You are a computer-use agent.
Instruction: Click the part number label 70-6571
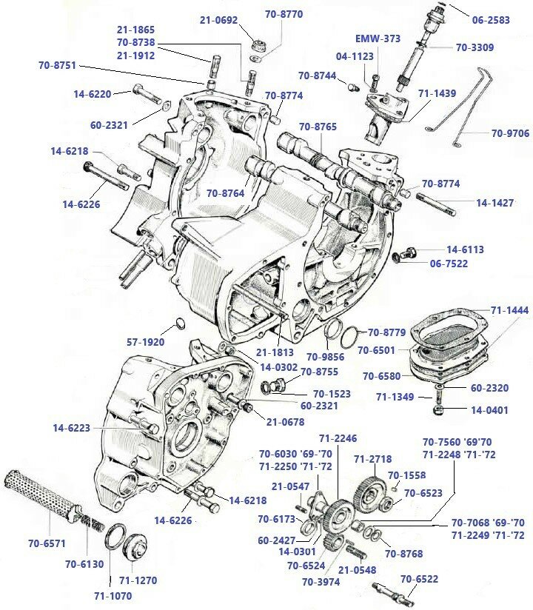click(47, 543)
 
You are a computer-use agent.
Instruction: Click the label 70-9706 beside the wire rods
click(510, 134)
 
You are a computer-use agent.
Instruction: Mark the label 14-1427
click(495, 202)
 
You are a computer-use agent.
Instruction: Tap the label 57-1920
click(144, 342)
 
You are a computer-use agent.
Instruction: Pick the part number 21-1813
click(274, 352)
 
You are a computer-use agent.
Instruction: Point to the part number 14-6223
click(71, 428)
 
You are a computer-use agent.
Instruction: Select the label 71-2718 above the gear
click(372, 459)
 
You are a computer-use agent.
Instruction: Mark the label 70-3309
click(475, 47)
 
